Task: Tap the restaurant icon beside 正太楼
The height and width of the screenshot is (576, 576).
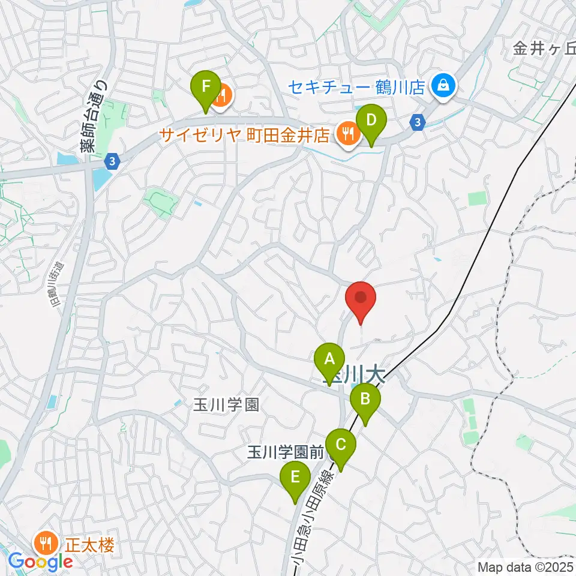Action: [47, 545]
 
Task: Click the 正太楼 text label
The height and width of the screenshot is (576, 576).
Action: [89, 546]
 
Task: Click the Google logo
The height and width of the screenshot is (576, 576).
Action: [40, 562]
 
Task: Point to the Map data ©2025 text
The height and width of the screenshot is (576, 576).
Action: [526, 567]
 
